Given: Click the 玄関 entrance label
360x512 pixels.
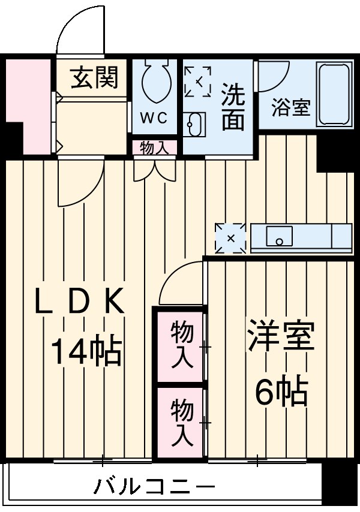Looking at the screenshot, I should [x=94, y=78].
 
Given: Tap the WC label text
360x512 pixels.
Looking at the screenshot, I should [x=154, y=118].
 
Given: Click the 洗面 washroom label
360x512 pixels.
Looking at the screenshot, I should [x=233, y=107].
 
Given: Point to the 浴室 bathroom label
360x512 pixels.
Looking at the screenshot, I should [x=291, y=109].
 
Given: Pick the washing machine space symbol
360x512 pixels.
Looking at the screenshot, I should [x=197, y=82].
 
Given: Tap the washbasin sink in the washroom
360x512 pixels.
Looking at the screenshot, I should [x=196, y=125].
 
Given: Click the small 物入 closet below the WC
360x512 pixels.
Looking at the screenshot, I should [x=155, y=147].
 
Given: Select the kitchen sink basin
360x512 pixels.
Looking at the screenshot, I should [x=279, y=236].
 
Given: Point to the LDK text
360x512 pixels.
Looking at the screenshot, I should [x=79, y=303].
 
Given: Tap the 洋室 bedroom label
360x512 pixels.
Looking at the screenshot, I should [x=281, y=336].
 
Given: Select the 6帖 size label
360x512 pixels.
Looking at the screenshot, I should [x=281, y=393].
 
